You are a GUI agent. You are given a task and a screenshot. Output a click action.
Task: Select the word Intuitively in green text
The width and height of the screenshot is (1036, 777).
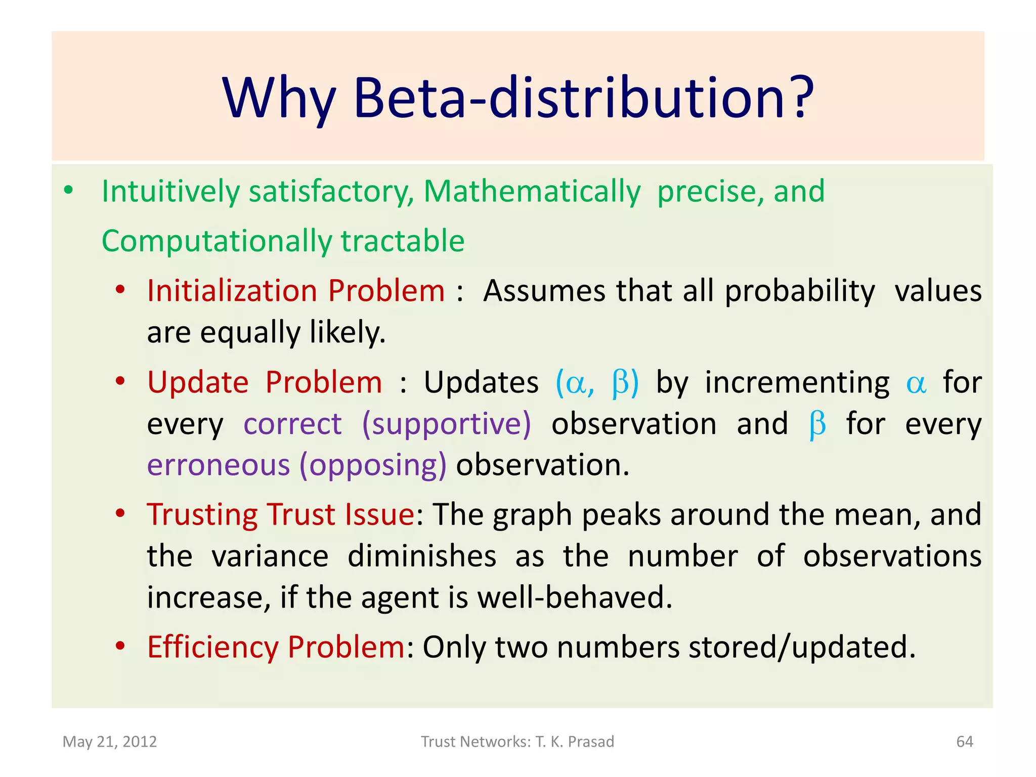click(x=170, y=192)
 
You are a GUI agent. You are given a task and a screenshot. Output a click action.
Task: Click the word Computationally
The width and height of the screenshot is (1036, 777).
click(x=217, y=241)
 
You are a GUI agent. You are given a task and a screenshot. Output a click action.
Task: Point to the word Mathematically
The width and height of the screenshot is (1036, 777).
click(x=532, y=192)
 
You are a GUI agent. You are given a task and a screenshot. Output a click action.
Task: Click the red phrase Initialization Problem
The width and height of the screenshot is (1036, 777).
click(x=295, y=291)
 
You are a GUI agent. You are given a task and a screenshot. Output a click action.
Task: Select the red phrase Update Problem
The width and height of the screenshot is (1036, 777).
click(x=265, y=382)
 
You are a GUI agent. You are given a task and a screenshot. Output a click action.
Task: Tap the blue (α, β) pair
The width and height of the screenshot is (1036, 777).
click(x=597, y=383)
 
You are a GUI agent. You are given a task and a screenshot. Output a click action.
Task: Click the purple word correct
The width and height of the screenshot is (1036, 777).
click(x=292, y=424)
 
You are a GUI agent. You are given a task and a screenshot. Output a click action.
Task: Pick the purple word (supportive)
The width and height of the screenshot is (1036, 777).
click(x=447, y=424)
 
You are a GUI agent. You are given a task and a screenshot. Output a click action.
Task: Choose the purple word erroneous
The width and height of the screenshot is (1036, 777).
click(x=218, y=465)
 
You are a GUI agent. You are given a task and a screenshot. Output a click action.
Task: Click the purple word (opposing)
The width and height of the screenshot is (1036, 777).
click(x=373, y=465)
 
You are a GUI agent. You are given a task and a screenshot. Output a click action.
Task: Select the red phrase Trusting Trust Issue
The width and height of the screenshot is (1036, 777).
click(x=281, y=514)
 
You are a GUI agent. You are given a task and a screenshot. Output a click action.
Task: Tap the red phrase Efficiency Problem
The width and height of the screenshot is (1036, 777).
click(x=276, y=647)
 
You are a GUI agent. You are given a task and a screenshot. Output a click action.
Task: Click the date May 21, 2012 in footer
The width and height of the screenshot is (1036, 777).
click(x=110, y=742)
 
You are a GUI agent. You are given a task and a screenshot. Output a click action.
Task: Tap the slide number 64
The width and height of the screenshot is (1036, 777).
click(x=965, y=742)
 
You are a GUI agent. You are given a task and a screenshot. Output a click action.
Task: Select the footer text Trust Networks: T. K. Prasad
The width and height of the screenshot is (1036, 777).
click(x=517, y=742)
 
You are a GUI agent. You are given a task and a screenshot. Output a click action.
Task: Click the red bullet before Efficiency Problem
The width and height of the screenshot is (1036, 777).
click(x=120, y=646)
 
